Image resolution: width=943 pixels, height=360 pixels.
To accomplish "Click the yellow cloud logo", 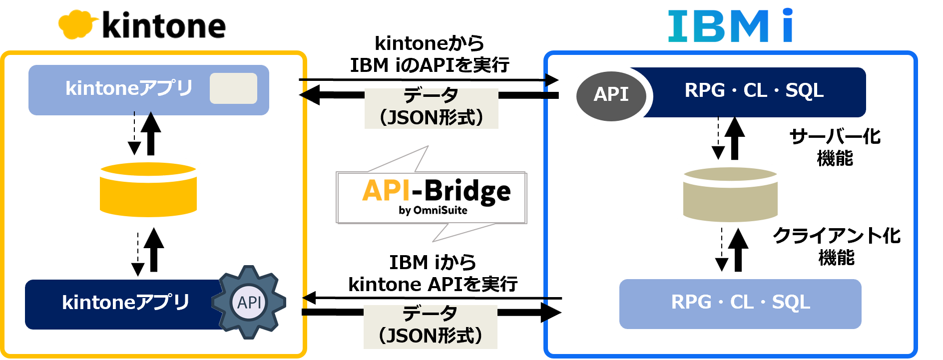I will coord(77,24).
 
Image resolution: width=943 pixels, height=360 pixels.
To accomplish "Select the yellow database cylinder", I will coord(148,190).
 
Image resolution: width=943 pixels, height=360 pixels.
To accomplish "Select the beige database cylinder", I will coord(730,195).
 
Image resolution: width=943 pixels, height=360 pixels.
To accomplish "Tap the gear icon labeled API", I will coord(249,302).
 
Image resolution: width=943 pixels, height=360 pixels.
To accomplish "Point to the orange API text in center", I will coord(386,191).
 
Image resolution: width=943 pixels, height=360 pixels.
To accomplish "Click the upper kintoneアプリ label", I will coord(129,89).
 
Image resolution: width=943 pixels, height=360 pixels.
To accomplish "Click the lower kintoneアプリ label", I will coord(125,303).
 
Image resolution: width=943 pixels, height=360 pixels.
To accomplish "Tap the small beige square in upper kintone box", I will coord(233,88).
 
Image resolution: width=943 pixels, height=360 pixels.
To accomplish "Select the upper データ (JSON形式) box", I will coord(431,109).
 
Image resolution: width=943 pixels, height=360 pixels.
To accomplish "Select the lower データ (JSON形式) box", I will coord(430,327).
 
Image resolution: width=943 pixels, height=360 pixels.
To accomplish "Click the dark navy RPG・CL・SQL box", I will coord(754,92).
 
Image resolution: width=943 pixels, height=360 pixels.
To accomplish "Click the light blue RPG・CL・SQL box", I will coord(740,304).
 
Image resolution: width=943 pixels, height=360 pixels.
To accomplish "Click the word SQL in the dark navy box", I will coord(804,91).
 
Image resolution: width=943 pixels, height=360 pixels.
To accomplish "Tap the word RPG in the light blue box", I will coord(691,303).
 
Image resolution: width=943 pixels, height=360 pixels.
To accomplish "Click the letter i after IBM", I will coord(788,26).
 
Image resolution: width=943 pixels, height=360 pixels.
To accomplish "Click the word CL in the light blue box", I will coord(742,303).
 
